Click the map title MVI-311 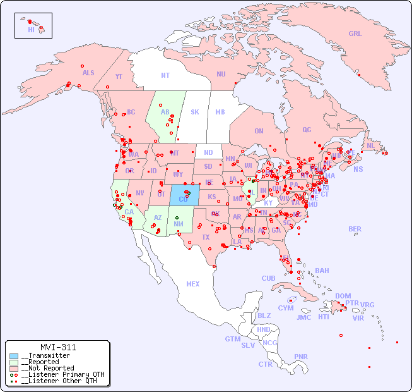[x=57, y=347]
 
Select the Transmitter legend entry [x=45, y=356]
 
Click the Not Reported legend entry [x=47, y=368]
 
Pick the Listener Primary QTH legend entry [x=62, y=374]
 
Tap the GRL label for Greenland [x=355, y=34]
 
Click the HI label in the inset [x=31, y=30]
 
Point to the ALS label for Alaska [x=88, y=73]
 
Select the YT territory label [x=119, y=77]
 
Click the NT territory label [x=165, y=75]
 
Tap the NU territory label [x=221, y=74]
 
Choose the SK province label [x=195, y=112]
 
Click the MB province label [x=220, y=112]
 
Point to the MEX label [x=193, y=284]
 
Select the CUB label [x=268, y=278]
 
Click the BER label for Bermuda [x=355, y=229]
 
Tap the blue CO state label [x=184, y=199]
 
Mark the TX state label [x=206, y=237]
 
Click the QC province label [x=307, y=130]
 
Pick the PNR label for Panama [x=301, y=357]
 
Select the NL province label [x=370, y=145]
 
